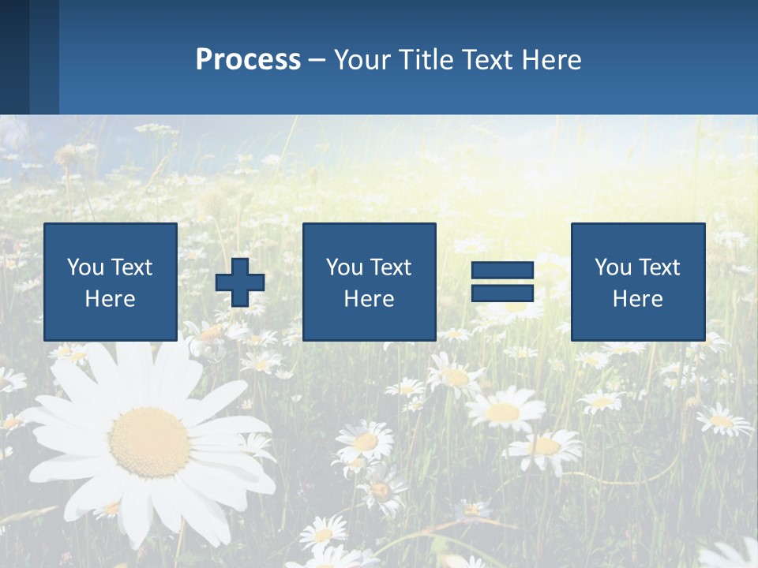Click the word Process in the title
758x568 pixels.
248,60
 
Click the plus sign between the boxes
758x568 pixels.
240,282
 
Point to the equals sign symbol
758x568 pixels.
502,282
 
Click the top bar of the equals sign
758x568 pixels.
502,271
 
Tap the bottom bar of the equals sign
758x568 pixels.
502,293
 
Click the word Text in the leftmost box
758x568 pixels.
132,267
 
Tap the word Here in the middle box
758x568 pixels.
369,299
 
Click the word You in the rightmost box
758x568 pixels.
613,267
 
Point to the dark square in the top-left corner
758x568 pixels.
14,57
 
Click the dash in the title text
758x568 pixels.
317,60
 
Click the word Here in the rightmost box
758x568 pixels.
638,299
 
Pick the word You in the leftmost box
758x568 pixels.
85,267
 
